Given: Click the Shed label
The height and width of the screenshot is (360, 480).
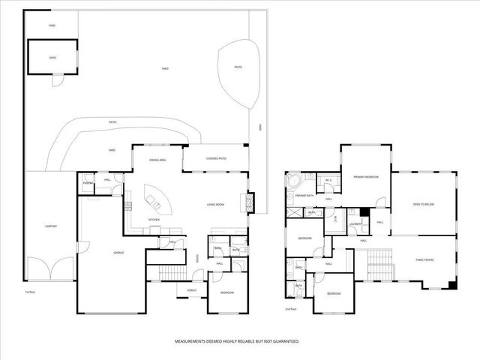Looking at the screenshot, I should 52,55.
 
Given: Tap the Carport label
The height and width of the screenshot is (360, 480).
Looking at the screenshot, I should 51,226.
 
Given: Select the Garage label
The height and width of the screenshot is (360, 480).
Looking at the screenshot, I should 118,253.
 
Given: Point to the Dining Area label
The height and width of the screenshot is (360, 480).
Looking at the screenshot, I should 157,160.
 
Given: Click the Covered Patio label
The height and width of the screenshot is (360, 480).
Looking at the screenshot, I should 216,158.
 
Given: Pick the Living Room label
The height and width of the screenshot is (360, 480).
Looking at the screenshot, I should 217,204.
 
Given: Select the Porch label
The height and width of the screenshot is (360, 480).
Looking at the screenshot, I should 192,291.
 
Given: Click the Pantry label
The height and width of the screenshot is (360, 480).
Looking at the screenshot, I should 88,183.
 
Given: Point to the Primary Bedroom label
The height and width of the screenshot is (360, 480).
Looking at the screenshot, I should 366,177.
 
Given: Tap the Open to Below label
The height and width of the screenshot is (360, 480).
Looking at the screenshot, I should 424,204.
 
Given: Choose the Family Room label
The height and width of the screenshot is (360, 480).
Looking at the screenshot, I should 425,259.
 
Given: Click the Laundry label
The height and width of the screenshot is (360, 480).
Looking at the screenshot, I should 357,223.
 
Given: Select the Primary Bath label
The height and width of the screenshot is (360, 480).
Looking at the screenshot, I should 304,196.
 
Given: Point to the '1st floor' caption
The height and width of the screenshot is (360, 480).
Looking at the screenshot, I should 30,292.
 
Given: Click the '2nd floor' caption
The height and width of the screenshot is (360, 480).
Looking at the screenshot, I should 292,308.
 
